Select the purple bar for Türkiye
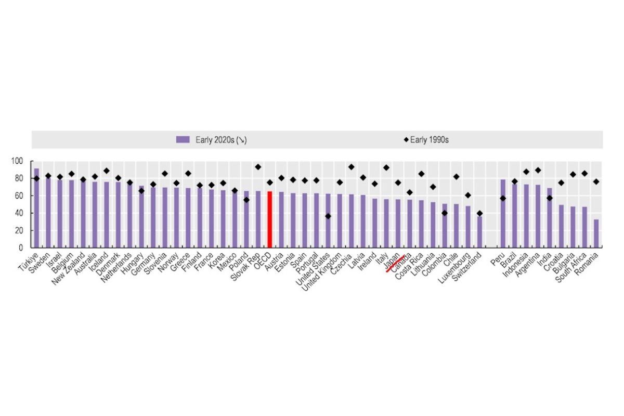36,208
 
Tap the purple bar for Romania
596,233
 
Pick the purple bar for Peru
503,214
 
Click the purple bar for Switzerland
479,232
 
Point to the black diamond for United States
328,216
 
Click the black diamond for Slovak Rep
258,167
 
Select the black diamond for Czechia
352,167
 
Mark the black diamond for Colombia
445,213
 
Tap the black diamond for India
550,198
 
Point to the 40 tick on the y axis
19,213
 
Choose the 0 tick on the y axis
21,248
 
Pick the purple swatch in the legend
183,139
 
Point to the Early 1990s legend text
429,139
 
